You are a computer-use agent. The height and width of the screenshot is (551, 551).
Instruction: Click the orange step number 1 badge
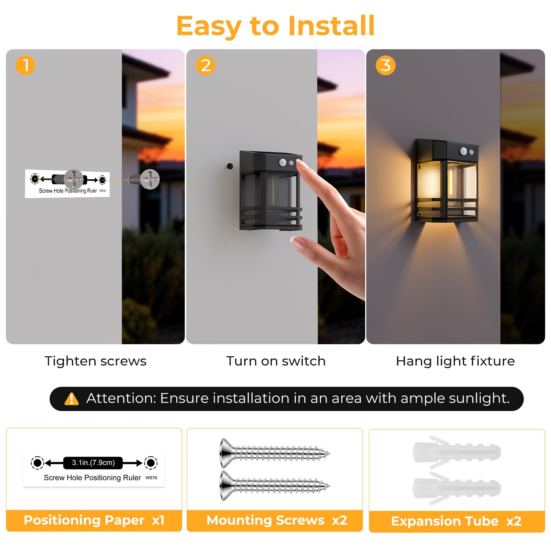coord(25,65)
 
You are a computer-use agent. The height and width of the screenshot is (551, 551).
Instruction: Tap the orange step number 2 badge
coord(206,65)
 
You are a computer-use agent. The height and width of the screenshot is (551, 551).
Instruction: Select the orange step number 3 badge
coord(386,65)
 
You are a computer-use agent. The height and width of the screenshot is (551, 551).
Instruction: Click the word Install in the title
coord(331,26)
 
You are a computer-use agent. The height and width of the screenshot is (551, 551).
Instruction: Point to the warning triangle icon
coord(72,399)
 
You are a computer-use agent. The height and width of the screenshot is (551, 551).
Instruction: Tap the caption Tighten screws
coord(96,361)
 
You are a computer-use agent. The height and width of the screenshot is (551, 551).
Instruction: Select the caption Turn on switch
coord(276,361)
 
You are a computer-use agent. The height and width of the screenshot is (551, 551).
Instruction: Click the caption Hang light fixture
coord(455,361)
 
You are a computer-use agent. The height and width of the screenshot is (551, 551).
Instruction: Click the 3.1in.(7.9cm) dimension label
coord(93,462)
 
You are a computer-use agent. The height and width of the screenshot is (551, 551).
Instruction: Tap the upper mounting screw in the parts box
coord(275,453)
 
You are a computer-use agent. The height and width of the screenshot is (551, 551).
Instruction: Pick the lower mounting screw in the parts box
coord(275,486)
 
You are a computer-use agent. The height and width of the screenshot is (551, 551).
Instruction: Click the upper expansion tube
coord(457,452)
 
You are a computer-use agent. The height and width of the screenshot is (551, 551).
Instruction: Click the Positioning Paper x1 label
coord(94,520)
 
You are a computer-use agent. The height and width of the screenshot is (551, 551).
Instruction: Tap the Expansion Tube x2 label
coord(456,521)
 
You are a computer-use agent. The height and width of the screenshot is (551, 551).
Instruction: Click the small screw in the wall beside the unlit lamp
coord(230,166)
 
